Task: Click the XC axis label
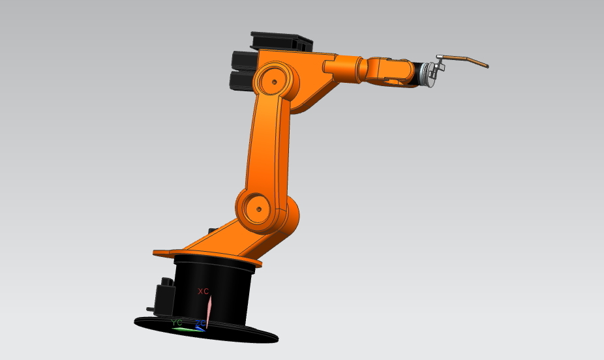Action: point(203,291)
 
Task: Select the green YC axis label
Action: point(177,322)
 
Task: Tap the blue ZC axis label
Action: point(200,323)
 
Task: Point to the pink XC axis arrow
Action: point(208,307)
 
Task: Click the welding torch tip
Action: point(486,65)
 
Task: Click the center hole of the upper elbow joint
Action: point(275,82)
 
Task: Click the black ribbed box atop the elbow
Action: point(282,40)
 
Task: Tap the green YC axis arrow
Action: point(187,329)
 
